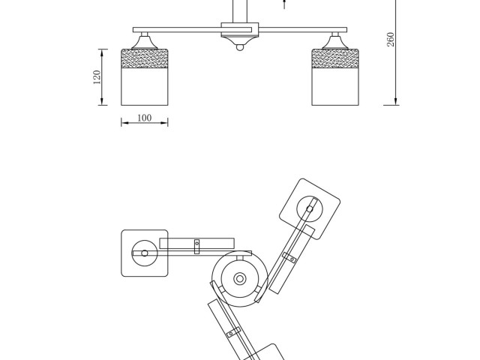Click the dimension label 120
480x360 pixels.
(97, 77)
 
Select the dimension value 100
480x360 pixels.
(144, 118)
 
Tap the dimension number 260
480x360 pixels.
(391, 39)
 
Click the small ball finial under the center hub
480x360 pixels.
(240, 47)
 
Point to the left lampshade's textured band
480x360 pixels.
(145, 58)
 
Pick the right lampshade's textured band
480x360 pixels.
(335, 58)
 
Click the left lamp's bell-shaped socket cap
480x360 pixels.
(145, 43)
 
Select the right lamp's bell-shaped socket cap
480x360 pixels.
(335, 43)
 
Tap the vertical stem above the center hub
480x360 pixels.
(240, 11)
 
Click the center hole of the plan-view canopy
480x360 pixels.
(240, 279)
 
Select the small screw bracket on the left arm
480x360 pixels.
(196, 247)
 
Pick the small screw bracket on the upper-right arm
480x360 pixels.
(289, 257)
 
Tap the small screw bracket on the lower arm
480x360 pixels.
(233, 332)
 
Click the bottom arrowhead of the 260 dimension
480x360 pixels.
(395, 102)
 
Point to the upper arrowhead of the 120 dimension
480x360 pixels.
(102, 52)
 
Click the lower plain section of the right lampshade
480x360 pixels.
(335, 87)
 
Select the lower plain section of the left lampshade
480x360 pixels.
(145, 87)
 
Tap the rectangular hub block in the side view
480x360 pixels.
(240, 30)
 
